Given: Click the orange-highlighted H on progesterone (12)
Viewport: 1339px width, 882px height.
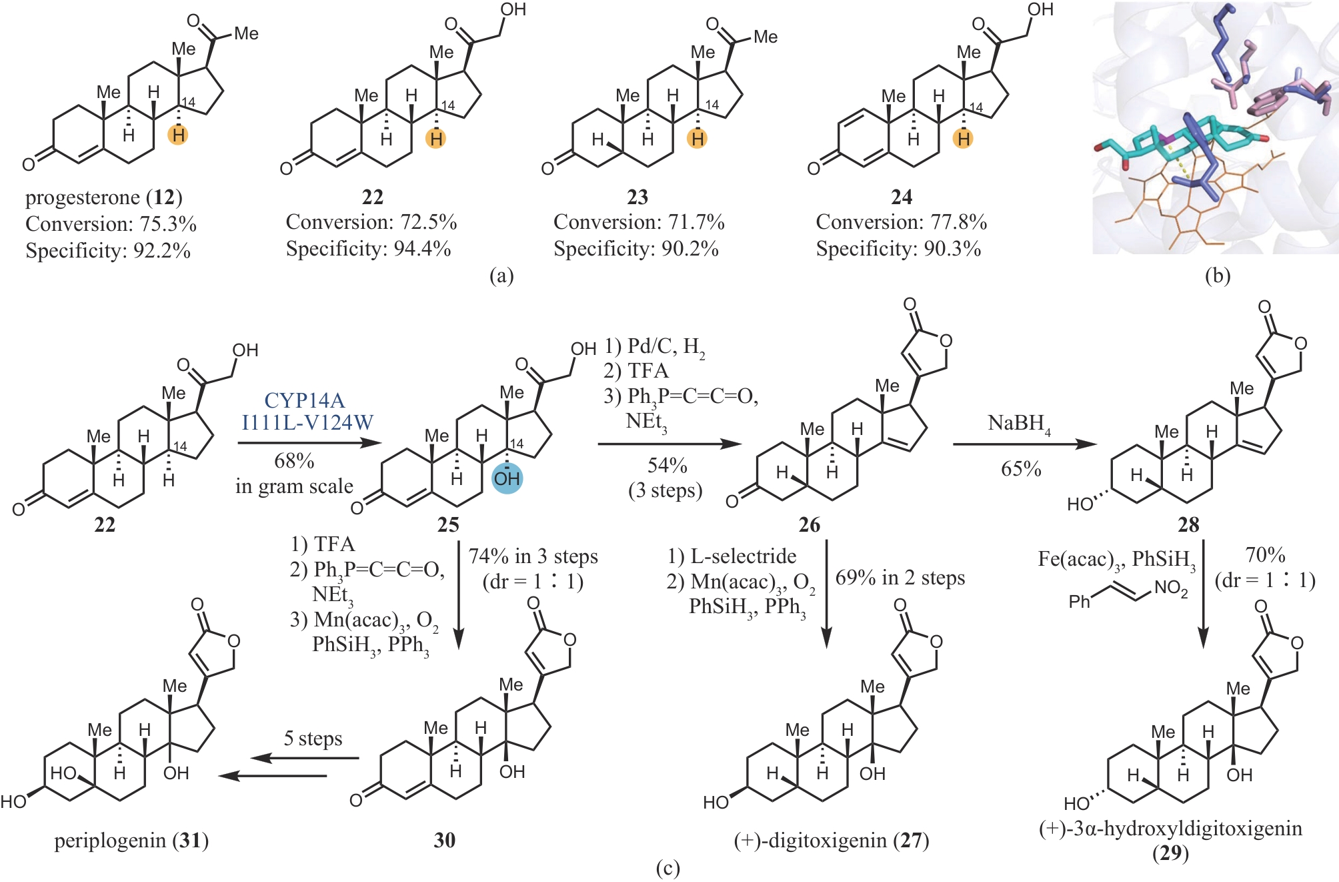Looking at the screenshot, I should click(x=177, y=135).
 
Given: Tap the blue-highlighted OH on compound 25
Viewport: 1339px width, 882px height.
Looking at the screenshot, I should click(x=507, y=478).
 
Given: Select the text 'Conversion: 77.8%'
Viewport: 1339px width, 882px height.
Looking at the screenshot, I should click(x=901, y=222).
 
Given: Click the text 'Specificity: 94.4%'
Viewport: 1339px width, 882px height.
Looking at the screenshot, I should click(x=368, y=249).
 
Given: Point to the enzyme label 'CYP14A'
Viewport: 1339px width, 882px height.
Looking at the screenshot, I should click(x=305, y=400).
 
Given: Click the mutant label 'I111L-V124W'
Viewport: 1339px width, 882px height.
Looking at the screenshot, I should click(x=307, y=422).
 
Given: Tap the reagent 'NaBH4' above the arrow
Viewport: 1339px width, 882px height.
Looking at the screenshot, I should click(x=1019, y=424).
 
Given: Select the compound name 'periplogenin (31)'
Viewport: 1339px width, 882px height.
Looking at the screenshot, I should click(x=131, y=841).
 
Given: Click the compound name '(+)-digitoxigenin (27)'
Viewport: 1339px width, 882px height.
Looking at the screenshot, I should click(x=831, y=841).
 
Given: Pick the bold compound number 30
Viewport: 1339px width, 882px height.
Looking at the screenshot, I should click(x=445, y=841).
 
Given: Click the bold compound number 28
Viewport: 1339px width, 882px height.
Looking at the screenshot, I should click(x=1188, y=525).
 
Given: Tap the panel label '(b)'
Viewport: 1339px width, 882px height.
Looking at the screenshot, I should click(x=1217, y=276).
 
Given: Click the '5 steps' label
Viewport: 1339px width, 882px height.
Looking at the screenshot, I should click(x=313, y=739).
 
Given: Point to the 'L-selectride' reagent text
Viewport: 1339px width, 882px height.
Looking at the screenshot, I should click(x=743, y=556).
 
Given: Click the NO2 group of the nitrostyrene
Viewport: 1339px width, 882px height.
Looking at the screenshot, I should click(x=1171, y=588).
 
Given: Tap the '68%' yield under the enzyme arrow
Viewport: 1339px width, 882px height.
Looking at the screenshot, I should click(x=294, y=461).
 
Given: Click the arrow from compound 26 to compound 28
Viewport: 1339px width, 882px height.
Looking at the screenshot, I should click(x=1024, y=444).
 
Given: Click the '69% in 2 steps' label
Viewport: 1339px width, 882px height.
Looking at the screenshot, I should click(x=900, y=578).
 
